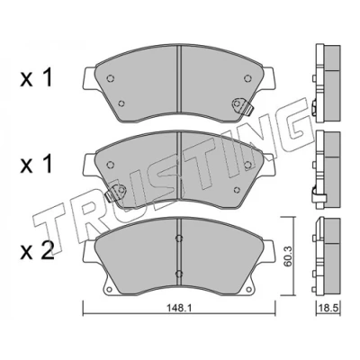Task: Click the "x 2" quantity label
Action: (37, 251)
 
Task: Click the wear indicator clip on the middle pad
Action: (116, 193)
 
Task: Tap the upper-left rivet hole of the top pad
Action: (111, 78)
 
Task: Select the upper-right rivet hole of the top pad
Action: (247, 78)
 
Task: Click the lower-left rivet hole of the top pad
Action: (121, 103)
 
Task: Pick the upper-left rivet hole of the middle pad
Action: (111, 165)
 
